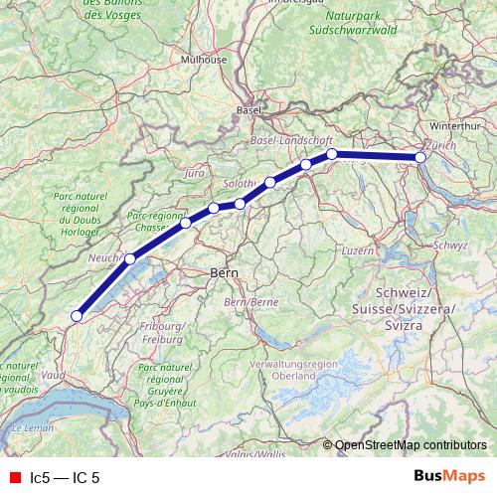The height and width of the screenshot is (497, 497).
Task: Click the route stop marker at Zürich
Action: (x=420, y=158)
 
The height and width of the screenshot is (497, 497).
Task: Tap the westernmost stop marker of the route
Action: (x=76, y=317)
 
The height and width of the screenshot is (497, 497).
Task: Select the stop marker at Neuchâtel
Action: (x=129, y=258)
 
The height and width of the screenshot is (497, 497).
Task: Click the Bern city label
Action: (x=221, y=271)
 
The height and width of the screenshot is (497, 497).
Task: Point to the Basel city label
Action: (x=248, y=111)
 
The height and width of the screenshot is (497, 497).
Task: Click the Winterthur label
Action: (x=455, y=126)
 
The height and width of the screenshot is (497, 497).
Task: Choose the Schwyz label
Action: (x=450, y=246)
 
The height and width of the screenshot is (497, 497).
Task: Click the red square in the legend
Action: (x=14, y=477)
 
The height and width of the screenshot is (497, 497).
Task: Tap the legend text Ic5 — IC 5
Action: (x=65, y=477)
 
